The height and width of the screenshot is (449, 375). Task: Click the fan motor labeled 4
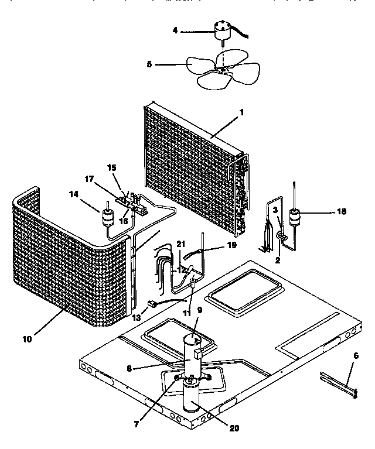click(222, 29)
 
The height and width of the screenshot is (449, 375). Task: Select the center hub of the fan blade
click(222, 70)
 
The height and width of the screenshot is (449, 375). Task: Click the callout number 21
click(181, 244)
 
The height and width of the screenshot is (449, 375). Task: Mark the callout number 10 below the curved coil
click(29, 338)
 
